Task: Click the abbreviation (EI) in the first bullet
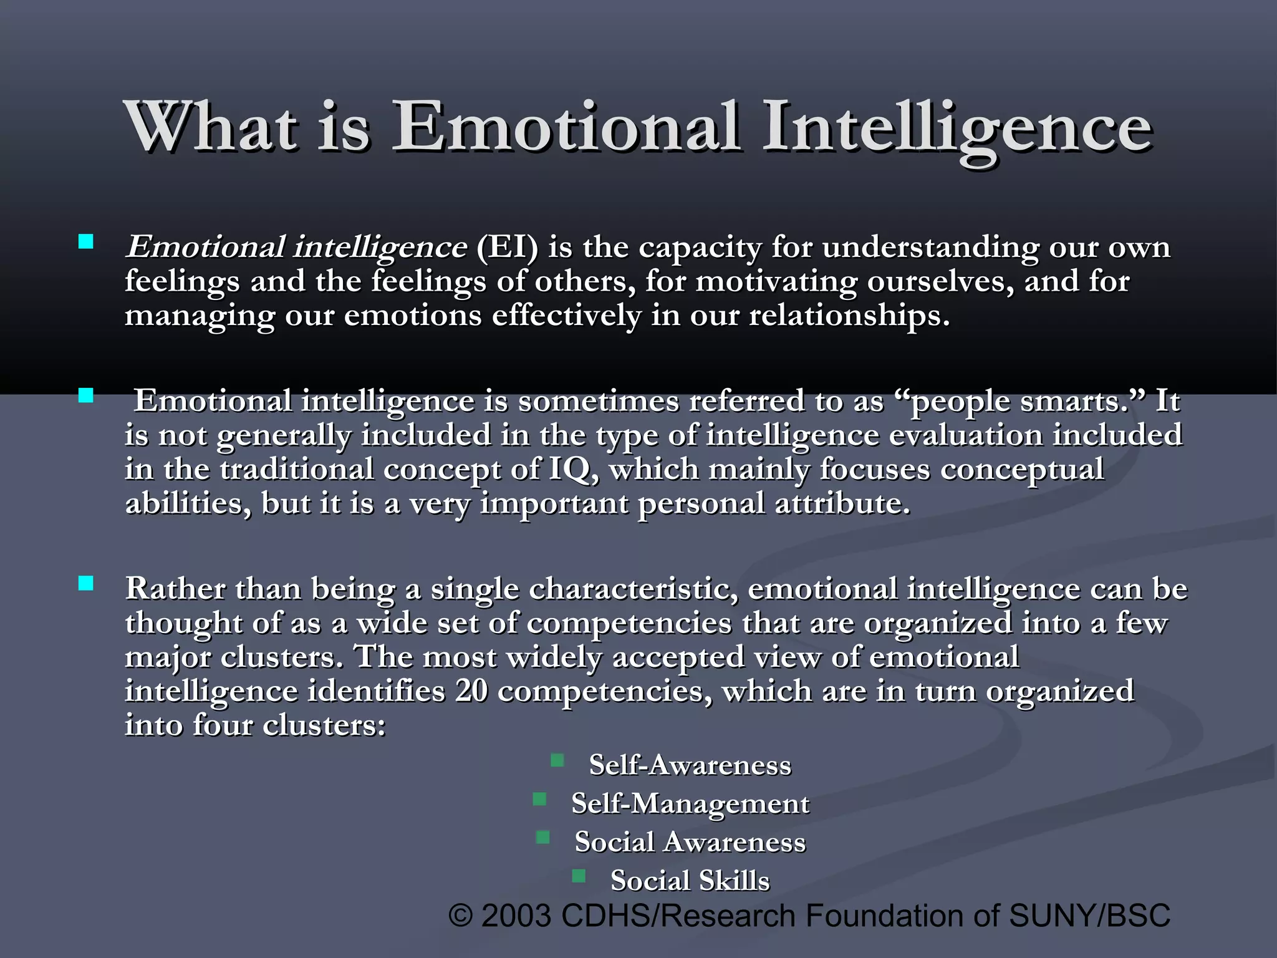(x=506, y=247)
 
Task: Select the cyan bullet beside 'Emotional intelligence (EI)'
(x=86, y=241)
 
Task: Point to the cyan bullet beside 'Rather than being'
(x=86, y=583)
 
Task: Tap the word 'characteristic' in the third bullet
(x=629, y=589)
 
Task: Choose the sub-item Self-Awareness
(x=690, y=765)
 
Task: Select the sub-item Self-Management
(x=690, y=803)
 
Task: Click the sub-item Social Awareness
(x=690, y=842)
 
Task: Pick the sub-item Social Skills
(x=690, y=881)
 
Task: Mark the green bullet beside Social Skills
(x=579, y=876)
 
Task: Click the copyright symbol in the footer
(x=461, y=916)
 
